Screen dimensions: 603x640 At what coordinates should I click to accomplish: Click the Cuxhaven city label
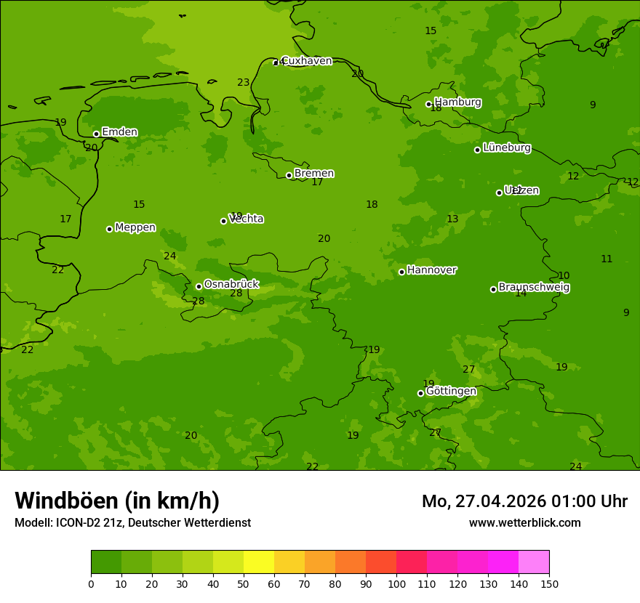pyautogui.click(x=306, y=61)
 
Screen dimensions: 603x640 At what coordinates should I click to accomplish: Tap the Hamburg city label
pyautogui.click(x=457, y=102)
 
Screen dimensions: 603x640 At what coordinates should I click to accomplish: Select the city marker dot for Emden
pyautogui.click(x=96, y=134)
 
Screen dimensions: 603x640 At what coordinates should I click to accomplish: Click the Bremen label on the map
pyautogui.click(x=314, y=174)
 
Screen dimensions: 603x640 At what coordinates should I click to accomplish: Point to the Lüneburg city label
pyautogui.click(x=506, y=147)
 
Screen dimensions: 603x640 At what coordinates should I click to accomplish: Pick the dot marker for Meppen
pyautogui.click(x=109, y=229)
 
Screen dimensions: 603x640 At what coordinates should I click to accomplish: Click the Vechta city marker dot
pyautogui.click(x=223, y=221)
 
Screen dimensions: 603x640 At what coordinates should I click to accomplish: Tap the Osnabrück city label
pyautogui.click(x=231, y=284)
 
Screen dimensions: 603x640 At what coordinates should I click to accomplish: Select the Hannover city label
pyautogui.click(x=432, y=270)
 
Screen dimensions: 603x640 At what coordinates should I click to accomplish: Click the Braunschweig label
pyautogui.click(x=534, y=288)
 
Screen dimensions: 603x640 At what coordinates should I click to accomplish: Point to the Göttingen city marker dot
pyautogui.click(x=420, y=393)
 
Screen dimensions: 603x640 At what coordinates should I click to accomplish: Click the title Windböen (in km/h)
pyautogui.click(x=117, y=501)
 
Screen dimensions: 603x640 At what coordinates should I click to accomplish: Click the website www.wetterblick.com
pyautogui.click(x=524, y=523)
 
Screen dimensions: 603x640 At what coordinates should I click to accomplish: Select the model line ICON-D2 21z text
pyautogui.click(x=132, y=523)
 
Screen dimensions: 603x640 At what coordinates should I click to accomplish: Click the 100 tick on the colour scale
pyautogui.click(x=396, y=583)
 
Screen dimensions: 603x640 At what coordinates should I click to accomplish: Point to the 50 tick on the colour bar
pyautogui.click(x=244, y=583)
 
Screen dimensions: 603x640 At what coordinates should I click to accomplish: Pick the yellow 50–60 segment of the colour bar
pyautogui.click(x=259, y=562)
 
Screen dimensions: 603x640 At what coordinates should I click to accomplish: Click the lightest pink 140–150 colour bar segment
pyautogui.click(x=534, y=562)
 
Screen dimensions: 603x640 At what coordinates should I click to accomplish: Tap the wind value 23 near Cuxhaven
pyautogui.click(x=243, y=83)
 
